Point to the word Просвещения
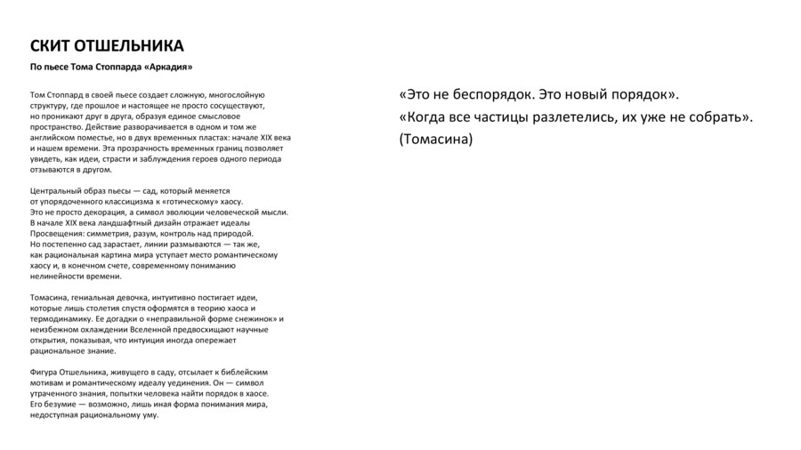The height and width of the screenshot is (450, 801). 57,233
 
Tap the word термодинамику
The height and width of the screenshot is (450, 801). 61,318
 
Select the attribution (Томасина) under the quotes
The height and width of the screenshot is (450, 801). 436,140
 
